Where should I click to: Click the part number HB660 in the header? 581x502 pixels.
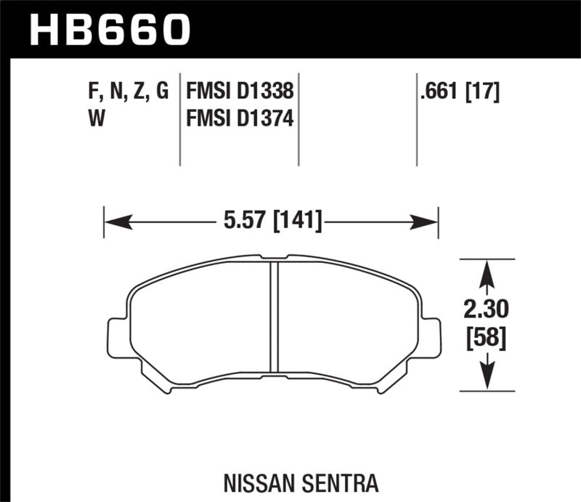[109, 29]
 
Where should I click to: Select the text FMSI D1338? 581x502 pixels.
[240, 92]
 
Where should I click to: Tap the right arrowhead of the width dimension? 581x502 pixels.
[426, 220]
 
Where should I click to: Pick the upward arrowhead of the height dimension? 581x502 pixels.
[487, 274]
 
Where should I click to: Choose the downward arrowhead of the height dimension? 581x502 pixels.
[487, 377]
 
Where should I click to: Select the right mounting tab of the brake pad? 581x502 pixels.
[430, 339]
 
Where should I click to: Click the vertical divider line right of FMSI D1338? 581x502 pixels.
[298, 120]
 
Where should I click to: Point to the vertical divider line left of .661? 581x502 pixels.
[416, 120]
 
